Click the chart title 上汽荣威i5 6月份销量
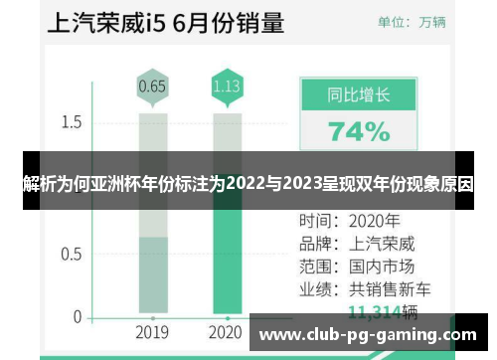pos(152,21)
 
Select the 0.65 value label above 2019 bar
pos(152,87)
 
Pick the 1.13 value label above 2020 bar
pos(227,87)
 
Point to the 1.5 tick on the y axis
pos(71,122)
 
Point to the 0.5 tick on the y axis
pos(71,253)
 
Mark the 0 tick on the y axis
pos(77,317)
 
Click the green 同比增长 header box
pos(359,96)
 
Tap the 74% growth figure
pos(359,131)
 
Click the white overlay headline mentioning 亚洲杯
pos(248,183)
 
